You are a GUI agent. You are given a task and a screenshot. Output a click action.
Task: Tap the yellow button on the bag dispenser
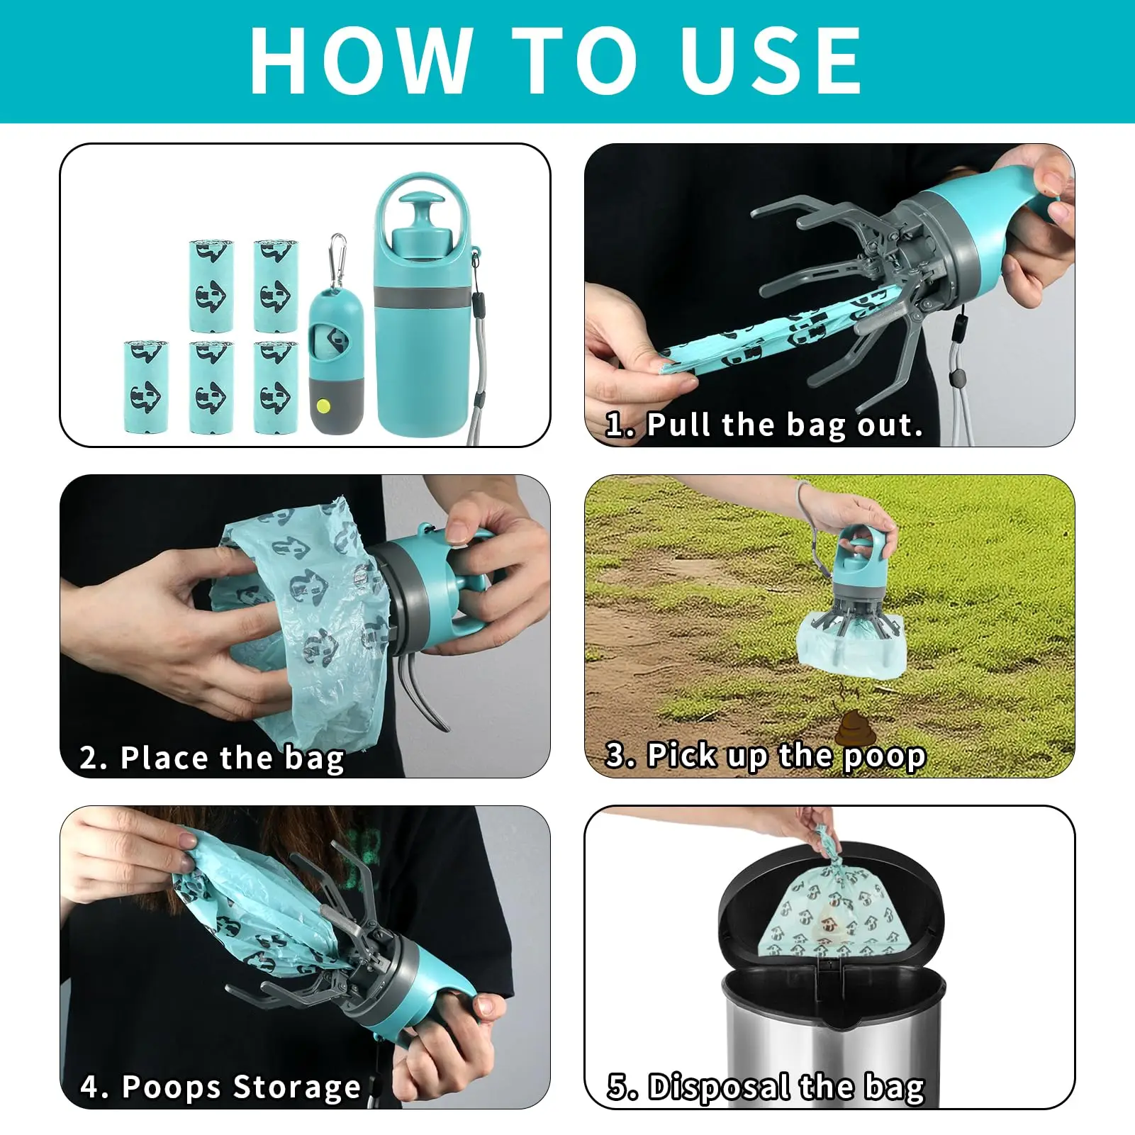(x=323, y=406)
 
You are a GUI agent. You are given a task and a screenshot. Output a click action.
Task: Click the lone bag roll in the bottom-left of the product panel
(x=145, y=386)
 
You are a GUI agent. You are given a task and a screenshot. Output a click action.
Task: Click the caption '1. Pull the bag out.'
(x=764, y=425)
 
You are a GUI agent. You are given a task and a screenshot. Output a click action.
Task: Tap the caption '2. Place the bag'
(x=212, y=758)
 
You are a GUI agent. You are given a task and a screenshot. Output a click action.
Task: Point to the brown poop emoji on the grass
(x=851, y=729)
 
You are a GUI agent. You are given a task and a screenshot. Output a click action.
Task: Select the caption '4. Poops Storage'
(x=220, y=1087)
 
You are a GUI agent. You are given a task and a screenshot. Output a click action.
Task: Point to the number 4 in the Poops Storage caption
(x=89, y=1087)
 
